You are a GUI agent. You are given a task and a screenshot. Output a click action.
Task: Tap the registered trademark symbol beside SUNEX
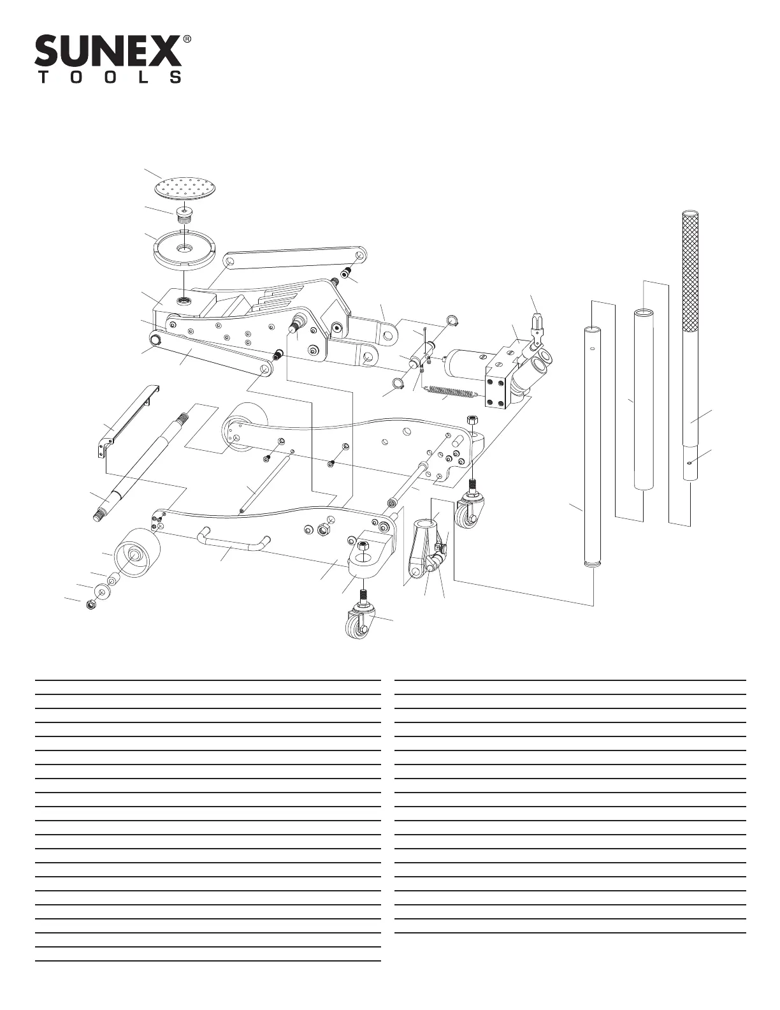(187, 40)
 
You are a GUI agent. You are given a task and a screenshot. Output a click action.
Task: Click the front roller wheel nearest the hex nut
(137, 553)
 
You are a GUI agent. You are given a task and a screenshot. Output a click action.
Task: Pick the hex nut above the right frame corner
(472, 420)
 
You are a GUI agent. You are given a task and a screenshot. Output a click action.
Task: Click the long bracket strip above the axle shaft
(127, 421)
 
